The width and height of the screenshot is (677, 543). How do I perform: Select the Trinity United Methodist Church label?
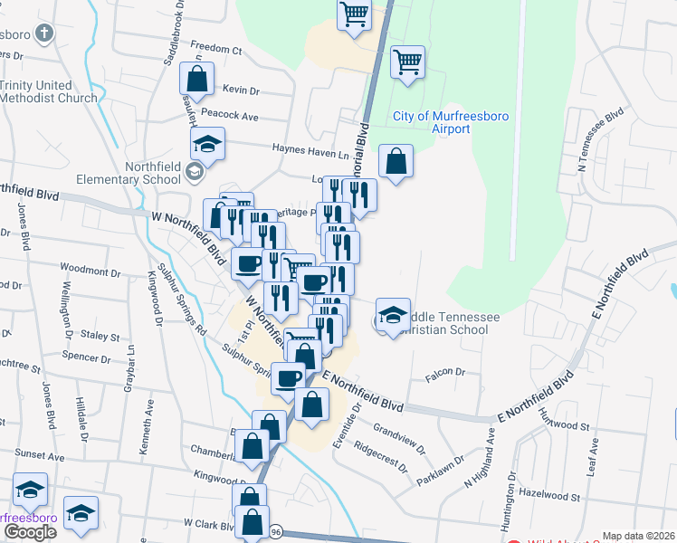coord(49,91)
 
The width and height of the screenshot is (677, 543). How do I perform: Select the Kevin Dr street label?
coord(241,90)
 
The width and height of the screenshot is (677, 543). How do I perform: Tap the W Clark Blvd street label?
coord(209,523)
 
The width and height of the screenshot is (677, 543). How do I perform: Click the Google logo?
coord(30,532)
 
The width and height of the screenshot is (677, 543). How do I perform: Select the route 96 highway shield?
coord(274,533)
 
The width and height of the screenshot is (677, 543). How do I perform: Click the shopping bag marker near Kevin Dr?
coord(197,80)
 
